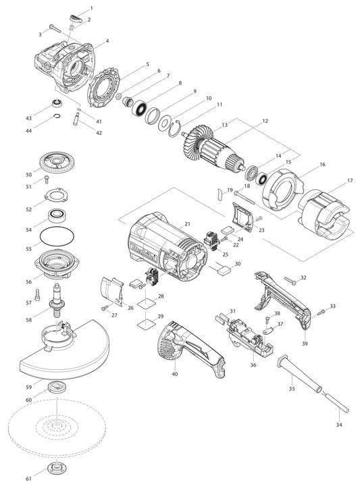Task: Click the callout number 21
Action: [x=187, y=223]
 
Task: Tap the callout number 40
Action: [x=175, y=373]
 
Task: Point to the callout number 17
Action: [x=350, y=181]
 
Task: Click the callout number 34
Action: [x=338, y=426]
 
